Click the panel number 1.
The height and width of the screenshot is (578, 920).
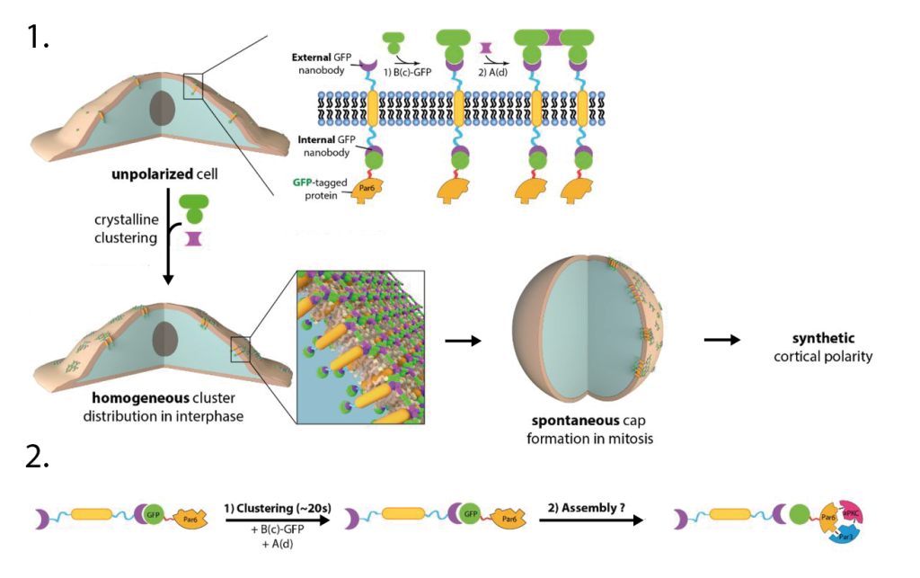pos(40,39)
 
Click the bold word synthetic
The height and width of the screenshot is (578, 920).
pos(817,340)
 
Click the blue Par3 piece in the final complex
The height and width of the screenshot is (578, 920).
pos(845,532)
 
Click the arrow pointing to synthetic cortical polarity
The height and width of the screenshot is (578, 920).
pos(722,341)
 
